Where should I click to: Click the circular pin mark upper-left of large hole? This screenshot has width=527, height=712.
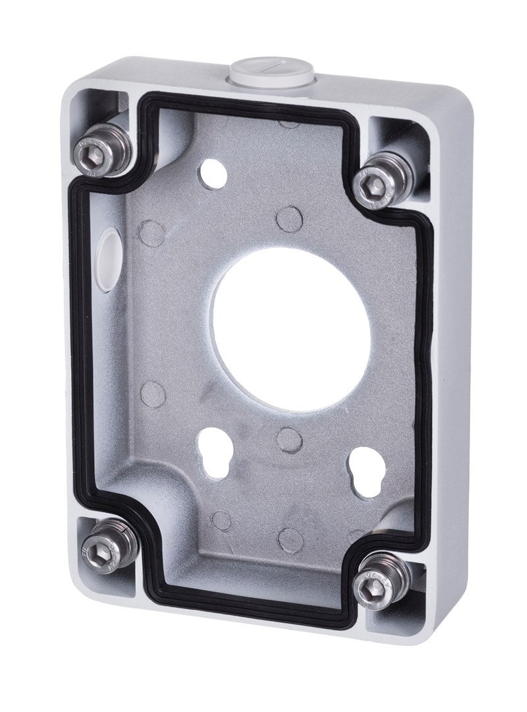pos(153,232)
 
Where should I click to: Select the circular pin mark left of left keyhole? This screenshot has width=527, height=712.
pos(153,394)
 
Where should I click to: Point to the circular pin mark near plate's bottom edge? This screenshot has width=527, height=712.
pos(290,539)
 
